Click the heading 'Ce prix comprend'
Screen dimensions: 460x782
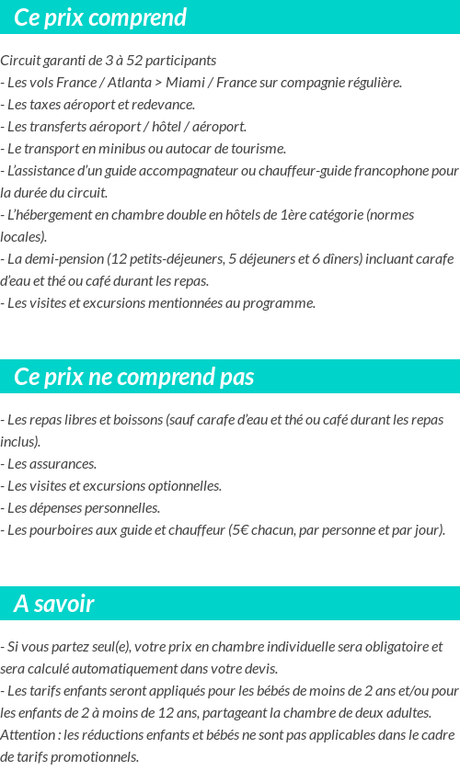100,17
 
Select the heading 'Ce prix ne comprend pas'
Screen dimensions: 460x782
134,377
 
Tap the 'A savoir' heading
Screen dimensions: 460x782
54,604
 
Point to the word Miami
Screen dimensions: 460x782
185,82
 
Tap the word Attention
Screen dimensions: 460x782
28,734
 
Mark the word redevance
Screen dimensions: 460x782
162,104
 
